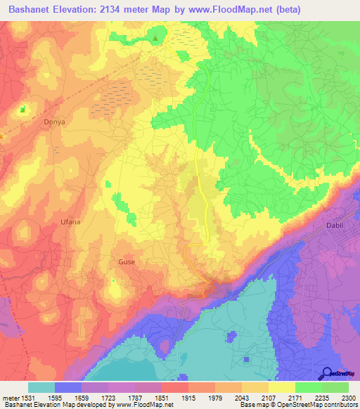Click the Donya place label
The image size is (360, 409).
tap(54, 122)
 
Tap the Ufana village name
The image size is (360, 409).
tap(70, 223)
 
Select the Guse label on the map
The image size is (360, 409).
tap(127, 262)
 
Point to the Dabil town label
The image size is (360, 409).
tap(336, 226)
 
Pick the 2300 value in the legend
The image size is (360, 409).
tap(349, 398)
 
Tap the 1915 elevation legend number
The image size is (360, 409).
tap(188, 398)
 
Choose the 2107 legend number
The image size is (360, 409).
tap(269, 398)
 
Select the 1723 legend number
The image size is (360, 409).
tap(108, 398)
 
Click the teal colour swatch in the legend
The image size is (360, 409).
tap(41, 387)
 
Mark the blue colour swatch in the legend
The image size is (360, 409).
tap(68, 387)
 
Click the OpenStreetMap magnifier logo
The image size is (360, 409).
tap(328, 372)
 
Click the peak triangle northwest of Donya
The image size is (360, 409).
tap(23, 110)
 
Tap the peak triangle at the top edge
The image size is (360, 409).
tap(155, 37)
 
